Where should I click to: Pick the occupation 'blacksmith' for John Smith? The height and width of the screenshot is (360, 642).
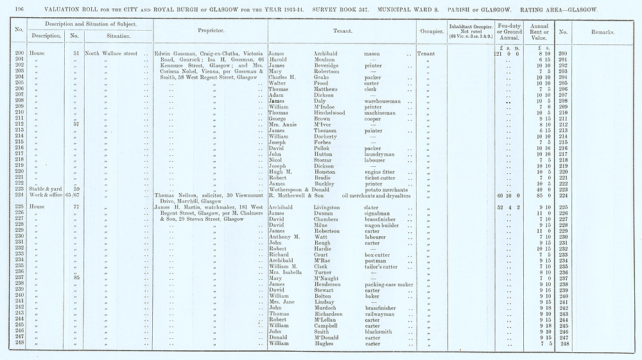click(x=380, y=330)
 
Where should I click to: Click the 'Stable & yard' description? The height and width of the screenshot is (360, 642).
click(x=44, y=189)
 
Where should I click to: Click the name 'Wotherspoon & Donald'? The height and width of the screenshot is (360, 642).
click(x=300, y=189)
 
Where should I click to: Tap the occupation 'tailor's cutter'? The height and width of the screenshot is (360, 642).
click(x=383, y=266)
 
